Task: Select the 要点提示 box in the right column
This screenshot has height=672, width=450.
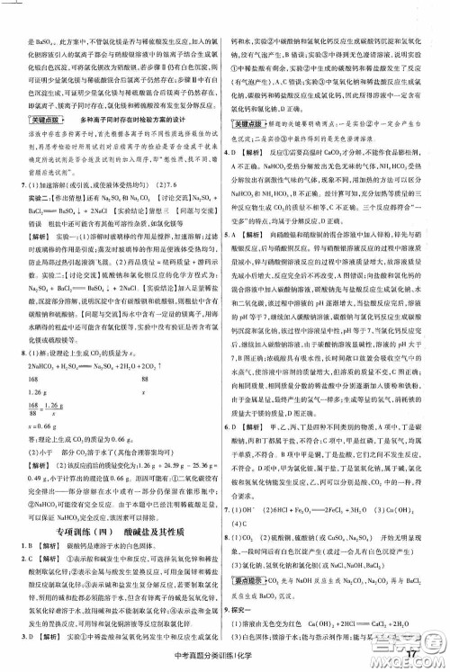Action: tap(252, 578)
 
